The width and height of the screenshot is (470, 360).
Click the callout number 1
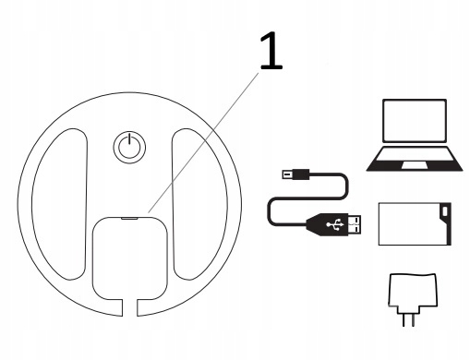[x=271, y=51]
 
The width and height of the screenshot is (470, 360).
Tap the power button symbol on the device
[x=129, y=147]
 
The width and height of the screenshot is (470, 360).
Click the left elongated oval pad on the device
[x=59, y=204]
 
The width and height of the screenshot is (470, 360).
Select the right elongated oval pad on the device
[x=199, y=204]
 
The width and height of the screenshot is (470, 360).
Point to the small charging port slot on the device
[x=129, y=219]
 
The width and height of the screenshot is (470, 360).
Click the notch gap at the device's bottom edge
[x=129, y=307]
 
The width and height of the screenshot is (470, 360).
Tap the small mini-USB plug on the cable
[x=295, y=174]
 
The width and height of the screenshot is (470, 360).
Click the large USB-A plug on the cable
[x=333, y=224]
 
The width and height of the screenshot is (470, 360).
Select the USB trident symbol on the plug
[x=335, y=224]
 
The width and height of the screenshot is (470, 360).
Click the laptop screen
[x=415, y=121]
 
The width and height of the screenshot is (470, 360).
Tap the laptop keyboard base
[x=415, y=159]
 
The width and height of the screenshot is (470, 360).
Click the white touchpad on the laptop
[x=415, y=165]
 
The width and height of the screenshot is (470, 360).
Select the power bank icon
[x=415, y=224]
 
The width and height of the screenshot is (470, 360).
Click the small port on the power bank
[x=445, y=211]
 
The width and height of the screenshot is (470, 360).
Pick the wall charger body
[x=413, y=291]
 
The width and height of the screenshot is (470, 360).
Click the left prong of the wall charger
[x=404, y=318]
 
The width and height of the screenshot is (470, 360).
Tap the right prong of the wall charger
[x=413, y=318]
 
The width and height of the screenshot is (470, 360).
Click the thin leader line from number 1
[x=203, y=143]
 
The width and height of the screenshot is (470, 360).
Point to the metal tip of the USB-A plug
[x=355, y=224]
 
